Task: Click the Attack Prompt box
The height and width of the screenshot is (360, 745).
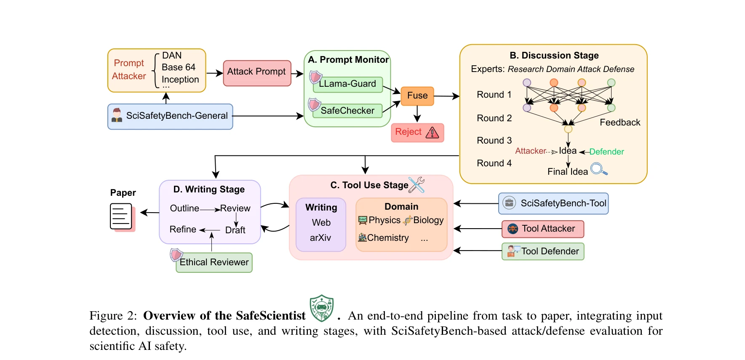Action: [x=257, y=73]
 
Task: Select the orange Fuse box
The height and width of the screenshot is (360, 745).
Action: [x=417, y=96]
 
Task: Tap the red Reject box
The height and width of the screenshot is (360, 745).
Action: [x=417, y=133]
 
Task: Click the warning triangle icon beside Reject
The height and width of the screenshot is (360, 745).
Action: [x=433, y=133]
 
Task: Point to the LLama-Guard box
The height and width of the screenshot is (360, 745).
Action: [x=347, y=84]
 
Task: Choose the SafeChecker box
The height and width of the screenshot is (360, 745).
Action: [x=347, y=111]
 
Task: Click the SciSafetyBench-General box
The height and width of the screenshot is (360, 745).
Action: [x=170, y=116]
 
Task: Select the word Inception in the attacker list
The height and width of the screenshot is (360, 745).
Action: [x=180, y=80]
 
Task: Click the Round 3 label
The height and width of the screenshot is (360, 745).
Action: [x=494, y=141]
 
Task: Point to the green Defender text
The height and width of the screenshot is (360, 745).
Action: [x=606, y=152]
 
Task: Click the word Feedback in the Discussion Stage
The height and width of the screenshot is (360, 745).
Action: [x=619, y=123]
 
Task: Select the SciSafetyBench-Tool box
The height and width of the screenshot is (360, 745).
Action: [x=553, y=203]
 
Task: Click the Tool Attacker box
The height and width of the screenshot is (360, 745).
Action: [x=543, y=229]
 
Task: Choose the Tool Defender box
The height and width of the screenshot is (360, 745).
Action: [x=543, y=251]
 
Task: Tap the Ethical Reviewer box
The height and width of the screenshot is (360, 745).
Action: [x=214, y=262]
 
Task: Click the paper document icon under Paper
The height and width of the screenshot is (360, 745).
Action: [x=121, y=216]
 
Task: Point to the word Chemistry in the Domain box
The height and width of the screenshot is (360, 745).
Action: [x=388, y=238]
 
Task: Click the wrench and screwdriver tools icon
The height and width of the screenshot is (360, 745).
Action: [x=417, y=184]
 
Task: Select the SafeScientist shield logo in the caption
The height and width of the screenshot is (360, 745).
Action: [x=322, y=308]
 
